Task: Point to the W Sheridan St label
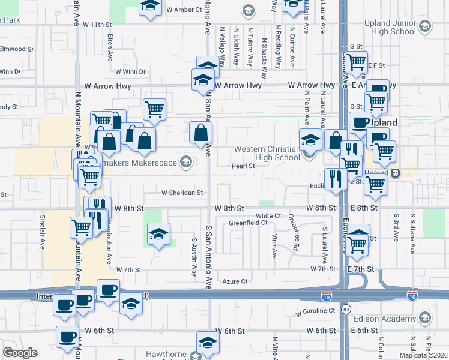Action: [x=182, y=193]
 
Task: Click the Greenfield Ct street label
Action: [x=248, y=223]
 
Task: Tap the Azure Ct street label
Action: [x=235, y=281]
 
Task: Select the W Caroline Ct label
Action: [x=316, y=311]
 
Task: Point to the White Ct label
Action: [x=268, y=215]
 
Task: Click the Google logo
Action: [x=20, y=353]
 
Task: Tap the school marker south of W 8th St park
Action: [x=158, y=234]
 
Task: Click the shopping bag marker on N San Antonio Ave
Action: [x=200, y=133]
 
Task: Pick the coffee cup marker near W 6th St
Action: [x=67, y=337]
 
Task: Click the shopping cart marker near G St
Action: [x=357, y=61]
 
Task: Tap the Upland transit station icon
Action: [x=396, y=173]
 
